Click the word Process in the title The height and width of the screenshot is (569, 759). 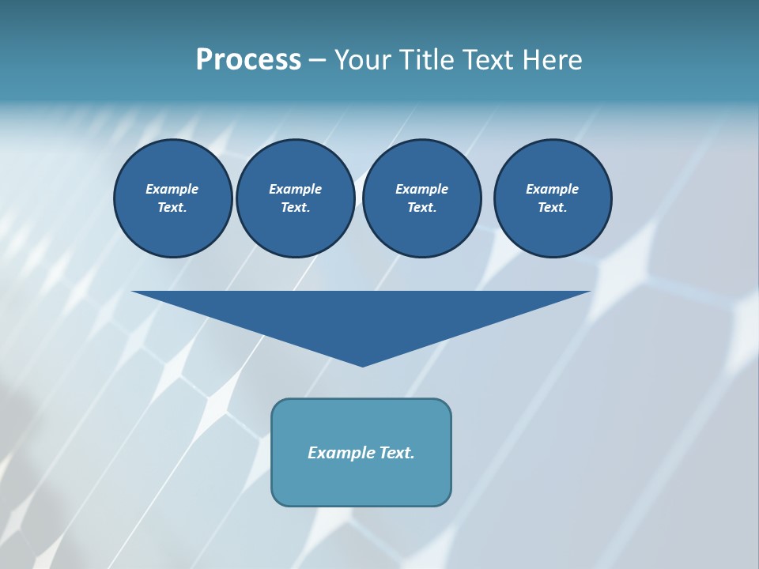tap(248, 60)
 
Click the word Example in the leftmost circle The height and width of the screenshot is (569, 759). tap(172, 189)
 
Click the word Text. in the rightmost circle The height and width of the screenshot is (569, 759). tap(553, 208)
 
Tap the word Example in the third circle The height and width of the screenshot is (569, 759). tap(421, 189)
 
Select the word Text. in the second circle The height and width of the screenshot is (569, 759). tap(296, 208)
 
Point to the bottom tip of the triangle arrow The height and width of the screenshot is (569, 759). tap(362, 364)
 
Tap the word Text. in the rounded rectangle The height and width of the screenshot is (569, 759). tap(397, 453)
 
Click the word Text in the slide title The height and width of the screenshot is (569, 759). tap(488, 60)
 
